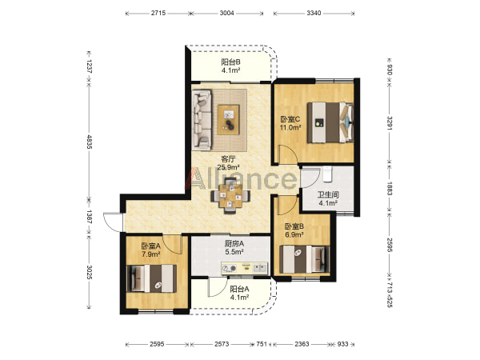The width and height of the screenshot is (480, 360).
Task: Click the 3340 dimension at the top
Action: click(314, 13)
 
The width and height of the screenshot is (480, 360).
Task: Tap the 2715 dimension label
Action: click(158, 13)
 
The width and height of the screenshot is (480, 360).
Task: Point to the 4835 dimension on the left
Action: click(89, 142)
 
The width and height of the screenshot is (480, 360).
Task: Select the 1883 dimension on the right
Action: click(389, 189)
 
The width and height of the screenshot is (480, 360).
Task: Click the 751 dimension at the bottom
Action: click(262, 344)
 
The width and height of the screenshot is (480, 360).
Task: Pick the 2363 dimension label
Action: click(302, 344)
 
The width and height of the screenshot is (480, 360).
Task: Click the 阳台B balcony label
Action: click(231, 62)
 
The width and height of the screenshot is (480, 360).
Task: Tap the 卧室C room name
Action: click(290, 119)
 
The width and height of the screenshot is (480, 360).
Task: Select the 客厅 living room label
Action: click(228, 159)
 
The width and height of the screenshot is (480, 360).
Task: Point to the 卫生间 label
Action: click(328, 194)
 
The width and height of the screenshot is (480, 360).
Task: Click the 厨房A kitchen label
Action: click(234, 244)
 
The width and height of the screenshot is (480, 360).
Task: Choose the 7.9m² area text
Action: click(151, 254)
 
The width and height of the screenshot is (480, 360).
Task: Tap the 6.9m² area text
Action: click(294, 234)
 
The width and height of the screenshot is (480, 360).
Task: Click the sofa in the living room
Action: click(202, 120)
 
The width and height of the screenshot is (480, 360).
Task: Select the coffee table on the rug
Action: click(228, 120)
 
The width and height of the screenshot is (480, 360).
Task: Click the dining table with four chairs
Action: click(230, 196)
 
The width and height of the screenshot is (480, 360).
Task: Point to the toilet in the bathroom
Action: click(327, 174)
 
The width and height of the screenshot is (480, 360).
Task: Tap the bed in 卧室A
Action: click(151, 278)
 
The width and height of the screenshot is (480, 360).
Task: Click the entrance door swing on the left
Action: click(113, 222)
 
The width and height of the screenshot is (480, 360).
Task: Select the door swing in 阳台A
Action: click(218, 287)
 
